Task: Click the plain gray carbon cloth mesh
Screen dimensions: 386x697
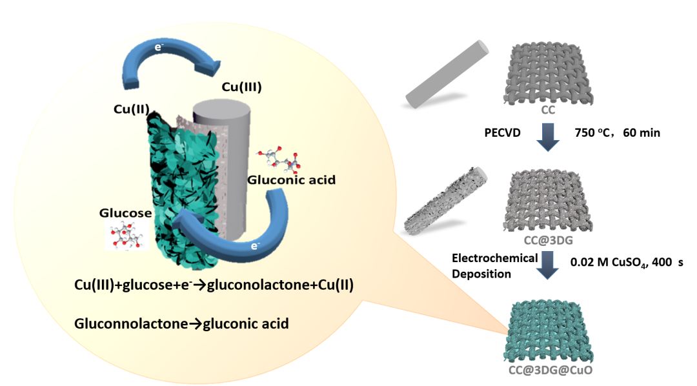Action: tap(548, 74)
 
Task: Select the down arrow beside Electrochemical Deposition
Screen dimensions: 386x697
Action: tap(548, 265)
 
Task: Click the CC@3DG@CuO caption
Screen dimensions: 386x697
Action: tap(547, 371)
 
